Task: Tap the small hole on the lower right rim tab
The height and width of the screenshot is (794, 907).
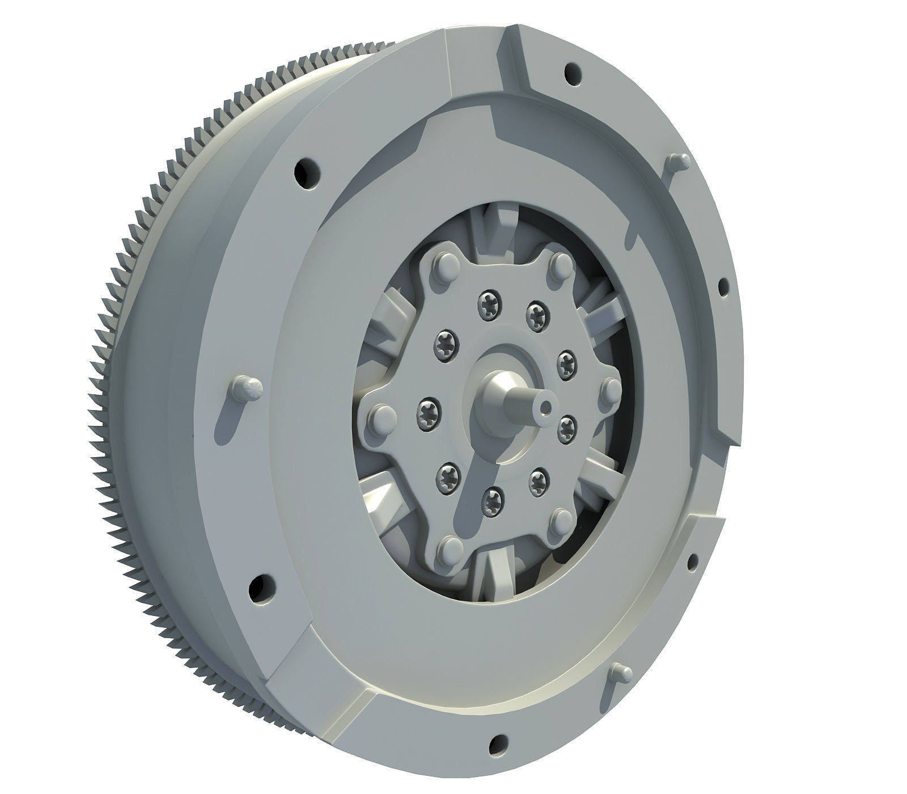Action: tap(693, 562)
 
